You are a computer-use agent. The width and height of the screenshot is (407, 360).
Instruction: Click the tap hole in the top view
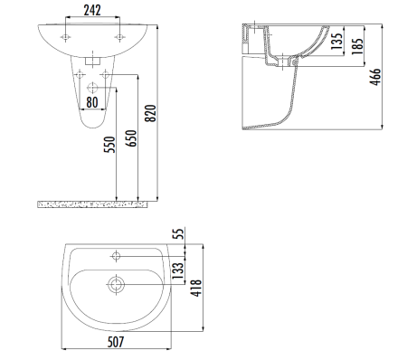116,253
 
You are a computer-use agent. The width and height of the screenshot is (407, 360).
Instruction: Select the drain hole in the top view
115,285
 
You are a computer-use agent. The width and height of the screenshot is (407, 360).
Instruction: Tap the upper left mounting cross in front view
65,36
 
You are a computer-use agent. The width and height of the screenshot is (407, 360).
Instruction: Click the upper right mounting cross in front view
118,36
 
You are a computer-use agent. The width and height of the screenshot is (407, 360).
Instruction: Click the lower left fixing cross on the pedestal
80,74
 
